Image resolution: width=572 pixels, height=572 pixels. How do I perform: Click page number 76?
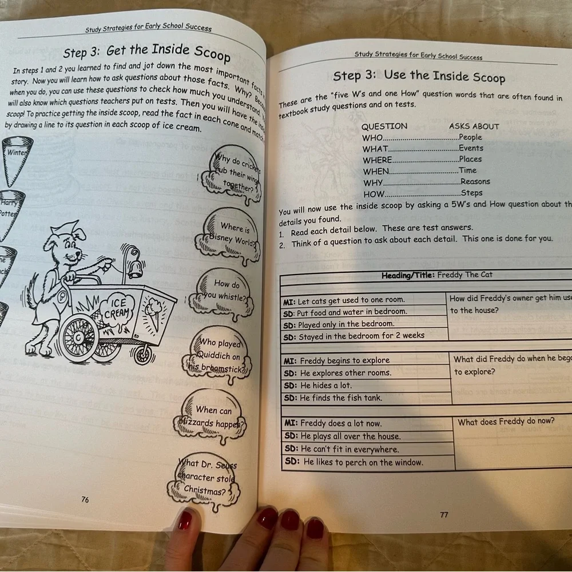click(85, 499)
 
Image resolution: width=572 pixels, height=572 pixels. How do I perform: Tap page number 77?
click(444, 515)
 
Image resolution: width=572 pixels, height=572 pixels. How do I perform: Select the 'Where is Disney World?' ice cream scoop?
click(228, 236)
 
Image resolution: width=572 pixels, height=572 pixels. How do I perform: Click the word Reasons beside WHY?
click(475, 182)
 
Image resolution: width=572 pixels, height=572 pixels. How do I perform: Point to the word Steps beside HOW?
click(472, 193)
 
